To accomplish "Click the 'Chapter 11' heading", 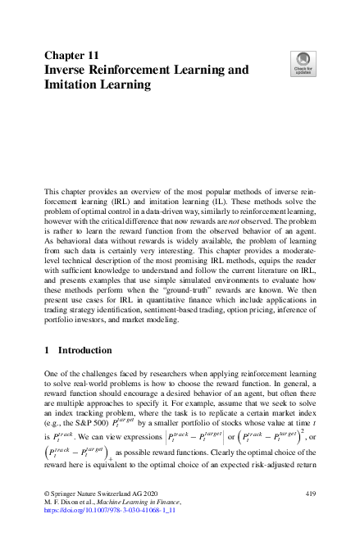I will (71, 56).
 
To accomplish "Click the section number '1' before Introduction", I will (47, 351).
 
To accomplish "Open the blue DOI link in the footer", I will (110, 509).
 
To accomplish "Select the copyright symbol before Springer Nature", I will (46, 494).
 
